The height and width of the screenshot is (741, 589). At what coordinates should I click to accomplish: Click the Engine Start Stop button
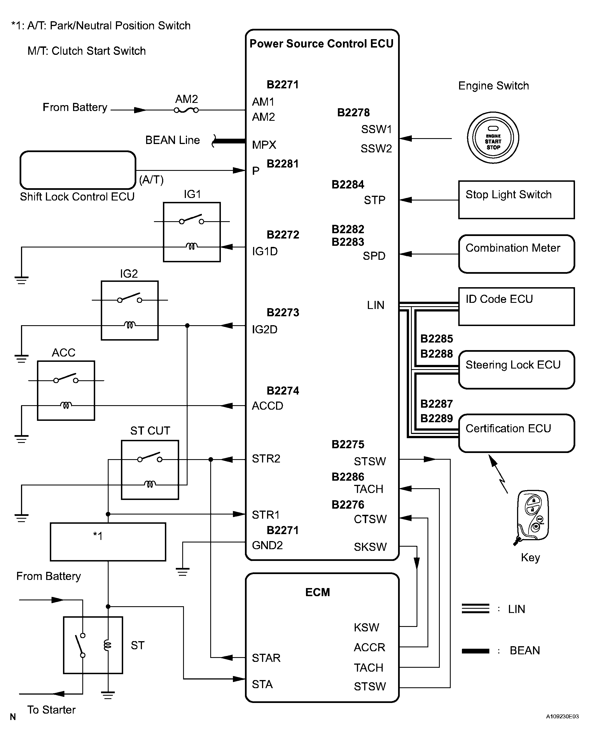click(493, 138)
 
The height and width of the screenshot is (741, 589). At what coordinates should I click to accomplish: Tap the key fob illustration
click(532, 517)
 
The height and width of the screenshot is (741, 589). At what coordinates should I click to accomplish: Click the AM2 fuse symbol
click(186, 110)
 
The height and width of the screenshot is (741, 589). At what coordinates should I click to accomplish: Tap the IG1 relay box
click(192, 232)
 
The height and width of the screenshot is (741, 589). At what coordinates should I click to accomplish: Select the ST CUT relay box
click(150, 470)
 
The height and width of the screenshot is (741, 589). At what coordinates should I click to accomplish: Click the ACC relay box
click(66, 390)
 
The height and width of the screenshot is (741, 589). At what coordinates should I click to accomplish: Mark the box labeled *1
click(108, 542)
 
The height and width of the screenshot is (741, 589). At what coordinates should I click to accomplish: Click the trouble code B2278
click(353, 112)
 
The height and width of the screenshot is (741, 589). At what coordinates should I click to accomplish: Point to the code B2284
click(348, 185)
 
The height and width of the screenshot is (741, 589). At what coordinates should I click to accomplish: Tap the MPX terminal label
click(264, 145)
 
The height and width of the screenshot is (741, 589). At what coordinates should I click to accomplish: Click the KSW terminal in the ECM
click(366, 627)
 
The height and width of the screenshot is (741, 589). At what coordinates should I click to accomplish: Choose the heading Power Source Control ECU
click(321, 44)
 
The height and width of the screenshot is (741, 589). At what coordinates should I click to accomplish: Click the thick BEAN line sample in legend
click(475, 651)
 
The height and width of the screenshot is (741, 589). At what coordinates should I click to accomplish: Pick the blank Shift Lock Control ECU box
click(78, 170)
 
